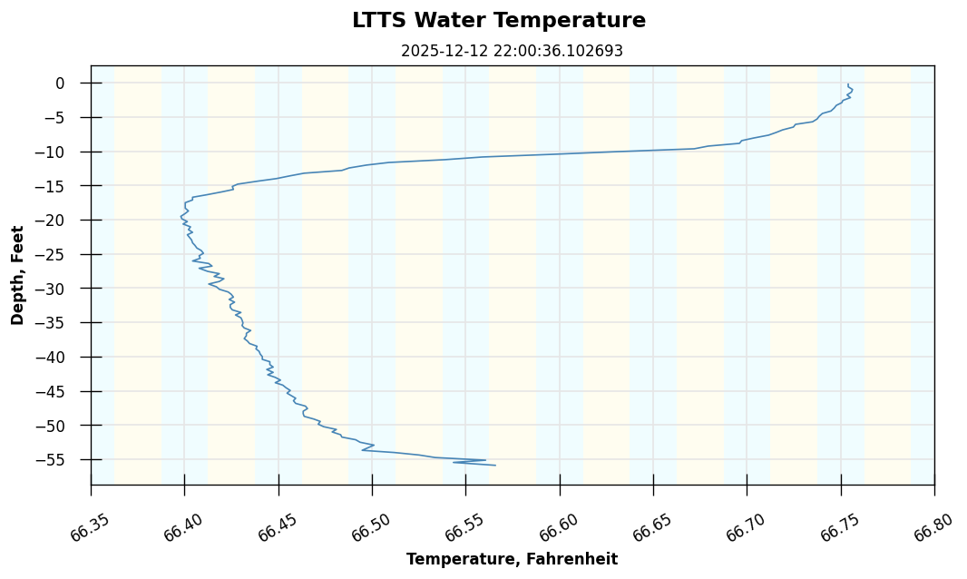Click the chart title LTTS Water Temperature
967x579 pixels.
[499, 21]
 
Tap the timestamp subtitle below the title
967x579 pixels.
[512, 52]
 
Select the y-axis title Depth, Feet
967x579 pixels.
[18, 275]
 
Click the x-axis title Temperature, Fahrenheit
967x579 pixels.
[512, 559]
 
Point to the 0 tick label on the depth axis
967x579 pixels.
[60, 83]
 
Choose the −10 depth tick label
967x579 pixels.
[52, 152]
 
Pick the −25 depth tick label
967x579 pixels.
[52, 254]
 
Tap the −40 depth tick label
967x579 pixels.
[52, 357]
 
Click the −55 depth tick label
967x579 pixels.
[52, 460]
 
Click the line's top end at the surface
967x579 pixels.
[848, 84]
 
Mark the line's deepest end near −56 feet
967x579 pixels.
[495, 466]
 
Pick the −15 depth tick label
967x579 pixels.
[52, 186]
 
